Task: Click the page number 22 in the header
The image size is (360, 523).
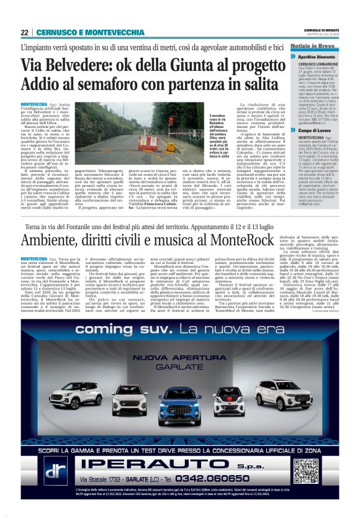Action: [x=24, y=32]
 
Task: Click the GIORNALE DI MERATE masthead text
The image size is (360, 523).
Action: [x=324, y=29]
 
